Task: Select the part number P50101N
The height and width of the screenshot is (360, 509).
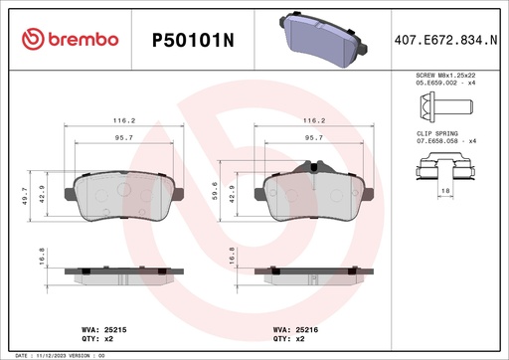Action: coord(193,39)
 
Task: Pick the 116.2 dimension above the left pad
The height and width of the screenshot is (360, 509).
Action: coord(125,121)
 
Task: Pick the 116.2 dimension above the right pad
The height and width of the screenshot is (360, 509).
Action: coord(314,121)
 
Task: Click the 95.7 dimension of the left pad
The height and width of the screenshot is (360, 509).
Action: coord(124,138)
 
